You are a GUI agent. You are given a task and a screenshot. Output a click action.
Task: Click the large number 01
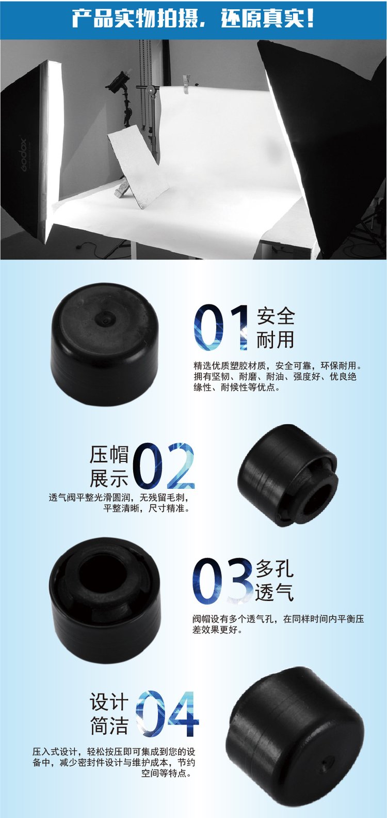click(221, 327)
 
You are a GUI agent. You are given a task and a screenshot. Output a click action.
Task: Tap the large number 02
click(163, 466)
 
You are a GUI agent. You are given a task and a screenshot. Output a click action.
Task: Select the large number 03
click(223, 581)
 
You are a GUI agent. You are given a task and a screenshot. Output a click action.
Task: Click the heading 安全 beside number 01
click(276, 316)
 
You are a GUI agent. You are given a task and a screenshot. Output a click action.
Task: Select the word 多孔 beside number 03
click(275, 568)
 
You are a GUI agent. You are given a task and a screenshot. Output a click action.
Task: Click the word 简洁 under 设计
click(109, 725)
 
